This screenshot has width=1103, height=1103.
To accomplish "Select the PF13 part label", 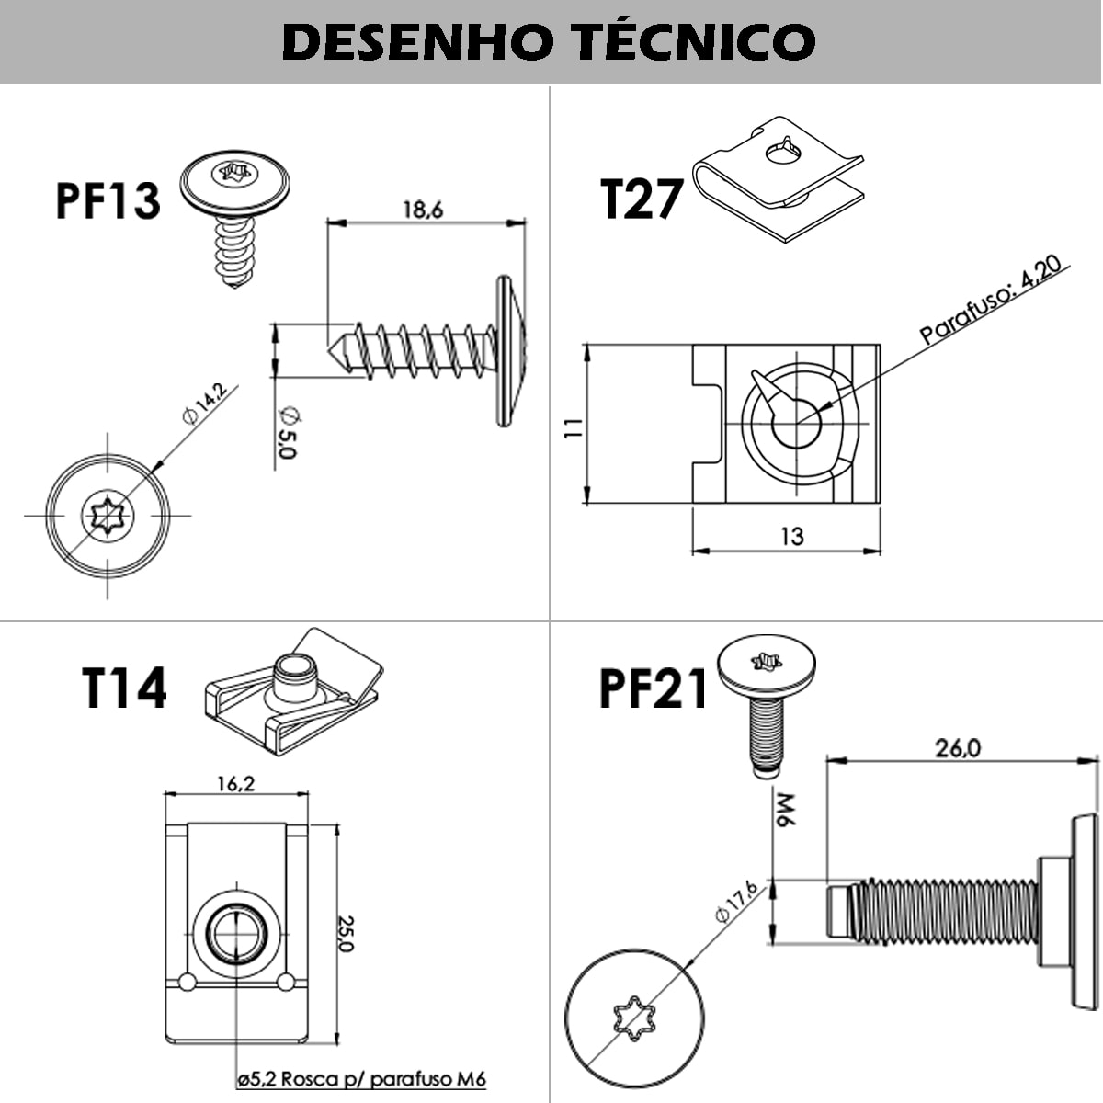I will click(x=108, y=200).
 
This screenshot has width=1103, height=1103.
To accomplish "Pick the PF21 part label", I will click(x=654, y=688).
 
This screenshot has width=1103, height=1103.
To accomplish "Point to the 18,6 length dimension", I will click(x=422, y=210).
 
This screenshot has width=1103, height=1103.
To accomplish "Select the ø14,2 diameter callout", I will click(x=204, y=404).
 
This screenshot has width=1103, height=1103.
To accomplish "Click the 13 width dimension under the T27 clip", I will click(x=791, y=536).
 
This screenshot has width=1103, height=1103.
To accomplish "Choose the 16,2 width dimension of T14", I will click(x=235, y=783).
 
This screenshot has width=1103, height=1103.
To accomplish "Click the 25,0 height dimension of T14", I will click(x=346, y=932).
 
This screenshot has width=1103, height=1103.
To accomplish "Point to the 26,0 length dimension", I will click(x=958, y=748).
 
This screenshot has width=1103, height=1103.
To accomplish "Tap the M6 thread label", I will click(x=783, y=809).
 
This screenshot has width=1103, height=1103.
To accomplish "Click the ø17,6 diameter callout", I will click(x=735, y=902).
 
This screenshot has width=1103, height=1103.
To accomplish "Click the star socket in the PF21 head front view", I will click(x=633, y=1020).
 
